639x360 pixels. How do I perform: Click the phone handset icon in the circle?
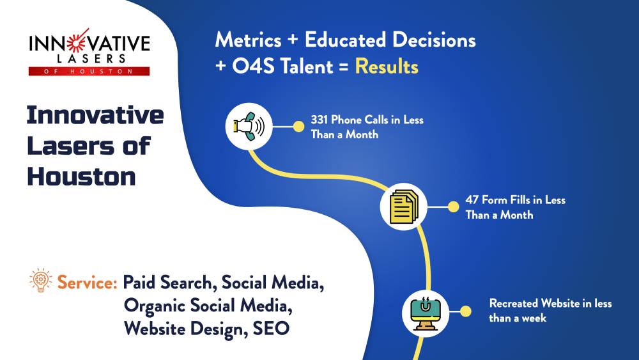coord(249,126)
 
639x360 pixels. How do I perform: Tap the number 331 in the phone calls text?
coord(319,120)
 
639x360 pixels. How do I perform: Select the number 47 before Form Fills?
coord(473,200)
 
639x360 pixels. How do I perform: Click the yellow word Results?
coord(387,66)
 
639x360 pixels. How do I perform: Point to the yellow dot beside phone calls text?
coord(297,126)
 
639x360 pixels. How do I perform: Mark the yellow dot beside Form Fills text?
coord(452,207)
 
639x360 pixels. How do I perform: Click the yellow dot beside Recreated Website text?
coord(467,311)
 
